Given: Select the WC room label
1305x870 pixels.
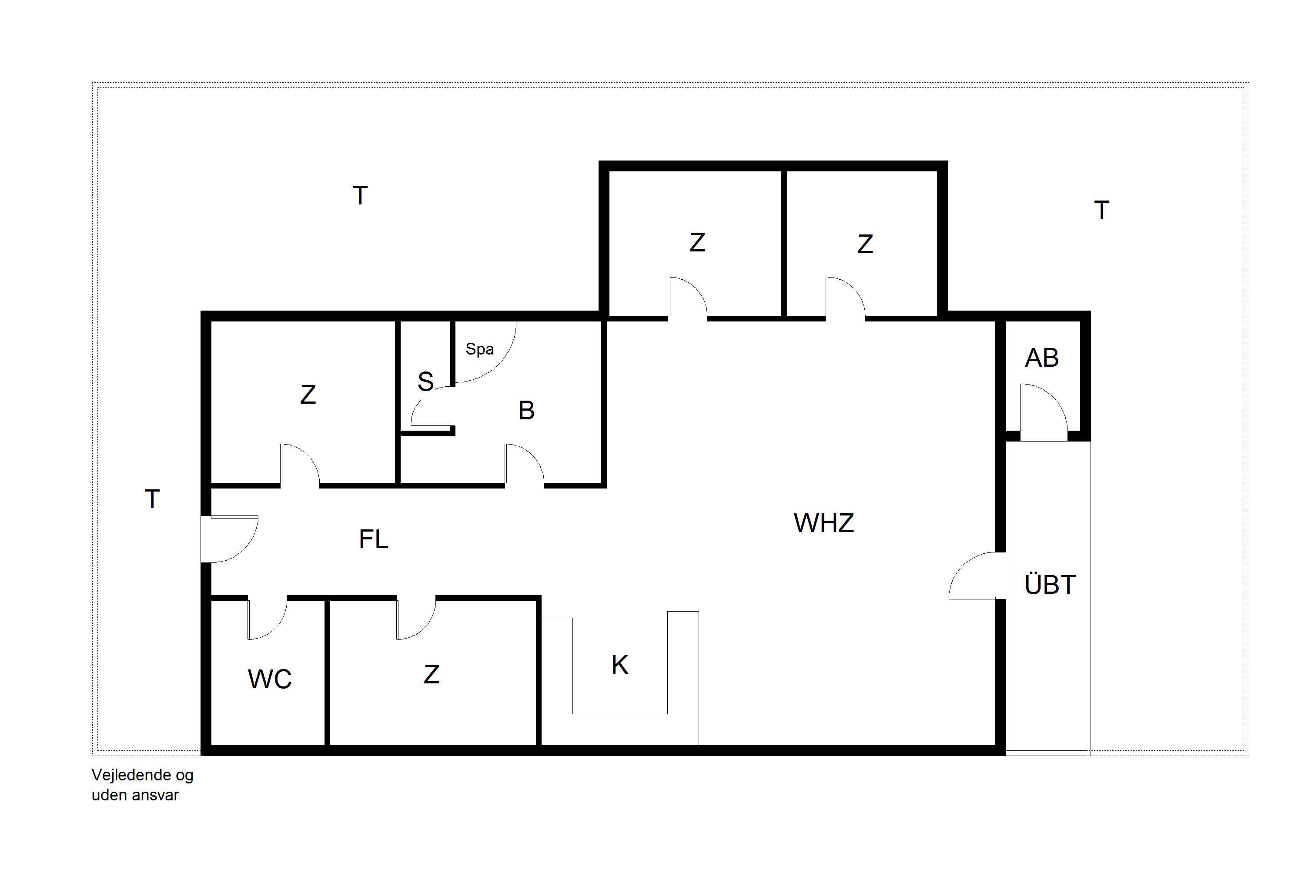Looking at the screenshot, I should point(269,679).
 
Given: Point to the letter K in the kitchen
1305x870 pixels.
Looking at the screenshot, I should point(620,665).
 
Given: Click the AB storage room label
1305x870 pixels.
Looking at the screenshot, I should point(1041,358).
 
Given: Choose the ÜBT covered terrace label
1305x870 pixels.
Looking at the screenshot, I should point(1050,585).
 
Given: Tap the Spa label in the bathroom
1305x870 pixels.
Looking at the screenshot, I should point(479,349).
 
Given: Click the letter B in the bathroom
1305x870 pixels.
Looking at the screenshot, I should point(526,411).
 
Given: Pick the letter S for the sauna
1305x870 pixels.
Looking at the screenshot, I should point(425,382).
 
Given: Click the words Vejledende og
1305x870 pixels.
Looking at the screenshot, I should point(143,775).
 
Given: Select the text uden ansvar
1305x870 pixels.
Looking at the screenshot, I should point(135,795).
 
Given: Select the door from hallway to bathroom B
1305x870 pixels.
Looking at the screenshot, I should point(524,465).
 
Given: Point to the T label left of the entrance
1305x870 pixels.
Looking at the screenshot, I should point(152,499).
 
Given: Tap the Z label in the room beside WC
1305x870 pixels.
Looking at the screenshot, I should point(431,675).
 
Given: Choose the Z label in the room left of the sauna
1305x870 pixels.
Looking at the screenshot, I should point(308,395).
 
